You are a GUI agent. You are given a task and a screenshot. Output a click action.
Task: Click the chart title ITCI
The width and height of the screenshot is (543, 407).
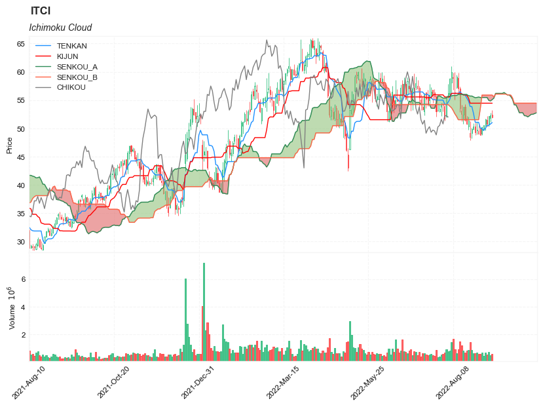41,11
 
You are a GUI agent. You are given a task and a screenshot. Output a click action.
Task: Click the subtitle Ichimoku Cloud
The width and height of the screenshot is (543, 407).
60,28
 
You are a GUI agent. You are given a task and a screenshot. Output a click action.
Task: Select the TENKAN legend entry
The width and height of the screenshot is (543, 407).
71,46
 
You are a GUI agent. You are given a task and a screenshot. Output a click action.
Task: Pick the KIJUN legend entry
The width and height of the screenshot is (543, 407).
67,56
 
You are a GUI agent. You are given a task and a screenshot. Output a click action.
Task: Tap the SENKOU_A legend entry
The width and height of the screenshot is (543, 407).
77,67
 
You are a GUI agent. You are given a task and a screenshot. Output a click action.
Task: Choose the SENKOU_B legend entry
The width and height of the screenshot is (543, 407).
77,77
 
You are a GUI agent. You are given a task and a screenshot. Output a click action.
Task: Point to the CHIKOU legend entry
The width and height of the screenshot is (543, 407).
71,87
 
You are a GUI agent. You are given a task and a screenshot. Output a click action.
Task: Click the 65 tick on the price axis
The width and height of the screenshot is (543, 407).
21,44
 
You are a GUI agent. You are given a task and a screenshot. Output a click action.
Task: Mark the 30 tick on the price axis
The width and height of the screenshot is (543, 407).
21,242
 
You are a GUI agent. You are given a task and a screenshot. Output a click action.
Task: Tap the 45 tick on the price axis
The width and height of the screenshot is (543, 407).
21,157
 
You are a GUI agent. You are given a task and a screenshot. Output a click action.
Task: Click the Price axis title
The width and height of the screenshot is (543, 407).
9,145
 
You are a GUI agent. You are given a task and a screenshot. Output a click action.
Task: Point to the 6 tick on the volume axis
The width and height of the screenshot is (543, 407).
23,279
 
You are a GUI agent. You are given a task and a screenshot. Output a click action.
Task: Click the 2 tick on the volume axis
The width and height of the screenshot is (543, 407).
23,335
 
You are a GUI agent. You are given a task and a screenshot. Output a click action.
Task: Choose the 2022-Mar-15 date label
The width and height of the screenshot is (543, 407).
283,383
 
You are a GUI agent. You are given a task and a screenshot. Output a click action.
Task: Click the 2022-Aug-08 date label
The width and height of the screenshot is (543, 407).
453,383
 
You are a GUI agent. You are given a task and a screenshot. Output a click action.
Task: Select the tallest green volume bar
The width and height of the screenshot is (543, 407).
204,312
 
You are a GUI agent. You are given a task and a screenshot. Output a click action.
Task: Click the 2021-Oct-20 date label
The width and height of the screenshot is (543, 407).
113,383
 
